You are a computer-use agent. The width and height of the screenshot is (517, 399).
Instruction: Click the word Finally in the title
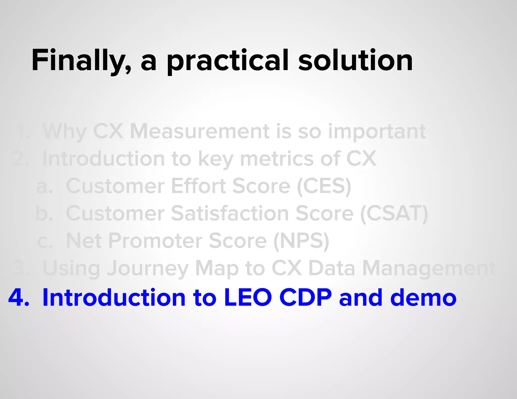[x=81, y=61]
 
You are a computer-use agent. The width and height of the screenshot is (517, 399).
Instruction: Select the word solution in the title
[x=355, y=61]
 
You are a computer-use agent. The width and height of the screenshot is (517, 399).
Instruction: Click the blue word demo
[x=423, y=298]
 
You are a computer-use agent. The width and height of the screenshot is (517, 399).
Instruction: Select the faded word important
[x=377, y=132]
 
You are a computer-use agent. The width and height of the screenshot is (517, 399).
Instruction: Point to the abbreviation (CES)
[x=324, y=186]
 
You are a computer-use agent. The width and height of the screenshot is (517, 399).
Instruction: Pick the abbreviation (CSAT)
[x=394, y=214]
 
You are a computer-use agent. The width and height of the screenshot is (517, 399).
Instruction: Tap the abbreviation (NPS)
[x=301, y=241]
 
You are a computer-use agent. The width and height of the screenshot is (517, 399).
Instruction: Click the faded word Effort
[x=198, y=186]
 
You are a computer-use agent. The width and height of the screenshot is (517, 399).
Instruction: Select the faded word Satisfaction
[x=230, y=214]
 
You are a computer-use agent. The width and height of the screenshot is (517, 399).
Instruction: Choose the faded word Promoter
[x=155, y=241]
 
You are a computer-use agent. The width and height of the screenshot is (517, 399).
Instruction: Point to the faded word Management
[x=429, y=268]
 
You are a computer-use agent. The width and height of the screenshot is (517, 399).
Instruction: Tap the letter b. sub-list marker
[x=44, y=214]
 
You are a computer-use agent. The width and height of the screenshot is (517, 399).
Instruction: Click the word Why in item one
[x=65, y=132]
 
